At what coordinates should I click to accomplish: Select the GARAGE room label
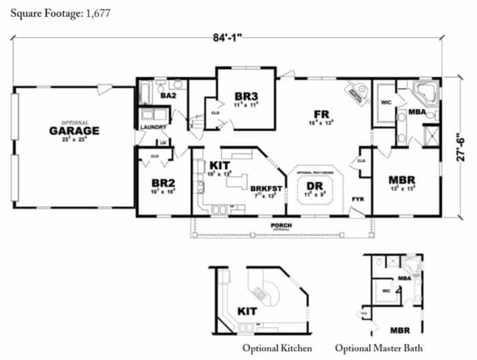pos(74,130)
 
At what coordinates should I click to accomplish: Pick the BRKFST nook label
pos(262,186)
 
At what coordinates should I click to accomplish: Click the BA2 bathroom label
pos(168,97)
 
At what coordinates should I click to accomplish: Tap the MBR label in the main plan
pos(402,181)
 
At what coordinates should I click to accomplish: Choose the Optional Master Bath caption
pos(378,348)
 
